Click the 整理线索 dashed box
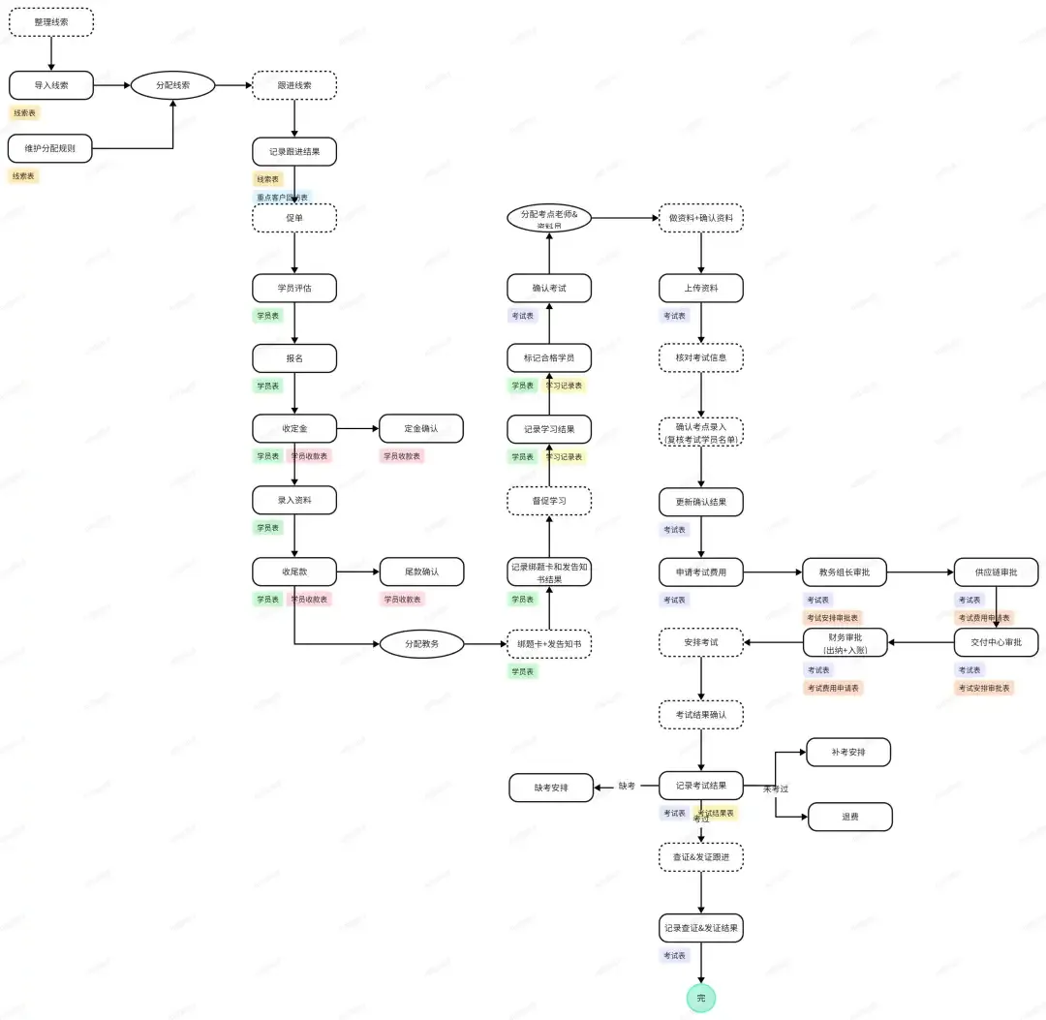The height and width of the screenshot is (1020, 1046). coord(51,21)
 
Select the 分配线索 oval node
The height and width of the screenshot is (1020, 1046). coord(172,85)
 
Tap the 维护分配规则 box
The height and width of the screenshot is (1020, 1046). coord(50,148)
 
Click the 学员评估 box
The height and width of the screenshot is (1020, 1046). coord(294,288)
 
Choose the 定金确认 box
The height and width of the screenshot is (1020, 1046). coord(421,428)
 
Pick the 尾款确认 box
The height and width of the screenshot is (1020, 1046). coord(421,572)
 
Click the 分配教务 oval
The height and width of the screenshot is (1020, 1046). coord(421,643)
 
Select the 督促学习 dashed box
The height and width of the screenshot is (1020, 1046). coord(549,501)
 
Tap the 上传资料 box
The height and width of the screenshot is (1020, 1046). coord(701,288)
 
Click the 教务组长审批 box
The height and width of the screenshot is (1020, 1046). coord(845,572)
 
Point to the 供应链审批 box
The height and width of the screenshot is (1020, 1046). coord(996,572)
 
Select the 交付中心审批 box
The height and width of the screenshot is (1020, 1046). coord(996,642)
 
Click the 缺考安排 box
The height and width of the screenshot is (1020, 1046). coord(551,788)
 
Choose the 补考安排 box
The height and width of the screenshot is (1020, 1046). coord(847,752)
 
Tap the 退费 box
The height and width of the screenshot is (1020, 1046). coord(849,817)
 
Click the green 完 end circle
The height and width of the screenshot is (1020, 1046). coord(701,998)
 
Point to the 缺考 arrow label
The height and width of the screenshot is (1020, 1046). coord(627,786)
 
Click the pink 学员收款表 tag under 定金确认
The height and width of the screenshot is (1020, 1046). coord(401,456)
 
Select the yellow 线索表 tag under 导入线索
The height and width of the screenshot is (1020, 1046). coord(24,113)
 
